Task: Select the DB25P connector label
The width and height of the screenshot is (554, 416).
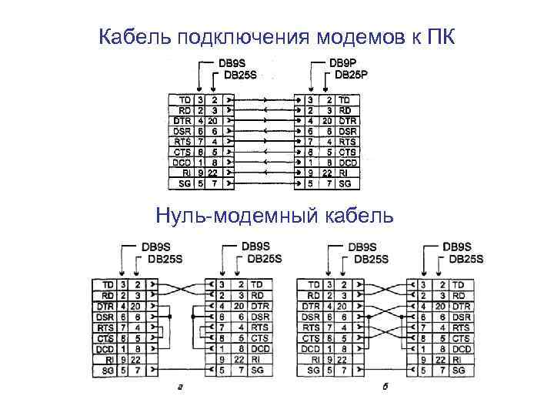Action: point(352,75)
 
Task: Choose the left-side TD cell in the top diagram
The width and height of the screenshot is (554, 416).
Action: point(185,99)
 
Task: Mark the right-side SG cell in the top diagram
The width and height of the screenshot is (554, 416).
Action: point(345,184)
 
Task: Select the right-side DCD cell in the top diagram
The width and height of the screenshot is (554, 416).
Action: point(348,163)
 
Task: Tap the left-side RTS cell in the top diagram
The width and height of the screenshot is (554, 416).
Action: point(184,142)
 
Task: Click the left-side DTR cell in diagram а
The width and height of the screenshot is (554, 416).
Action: point(105,306)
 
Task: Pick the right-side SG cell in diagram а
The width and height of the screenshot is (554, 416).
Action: point(258,371)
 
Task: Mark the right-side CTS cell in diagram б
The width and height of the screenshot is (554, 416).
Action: point(462,338)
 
